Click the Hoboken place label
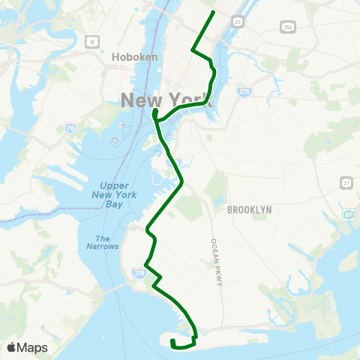point(133,56)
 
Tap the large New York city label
point(167,99)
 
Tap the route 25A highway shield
point(287,27)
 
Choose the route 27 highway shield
point(345,181)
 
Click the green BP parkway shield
point(348,214)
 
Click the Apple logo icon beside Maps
point(12,347)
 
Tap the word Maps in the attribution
point(33,347)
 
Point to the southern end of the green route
point(172,342)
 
